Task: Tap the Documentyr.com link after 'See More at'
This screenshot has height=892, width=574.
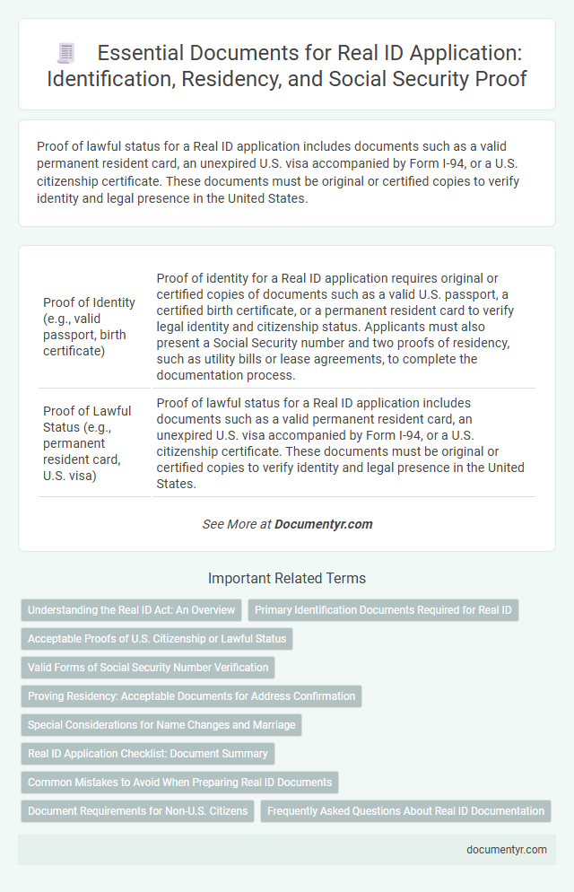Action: (x=324, y=524)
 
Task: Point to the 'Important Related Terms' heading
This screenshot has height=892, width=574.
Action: (x=286, y=579)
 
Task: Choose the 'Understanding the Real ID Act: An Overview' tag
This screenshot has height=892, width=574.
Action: (x=131, y=610)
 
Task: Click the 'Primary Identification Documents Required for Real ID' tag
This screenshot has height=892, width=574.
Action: (x=383, y=610)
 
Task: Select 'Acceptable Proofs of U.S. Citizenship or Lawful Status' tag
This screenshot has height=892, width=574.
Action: (x=157, y=639)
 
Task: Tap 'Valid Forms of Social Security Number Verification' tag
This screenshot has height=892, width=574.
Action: (x=148, y=668)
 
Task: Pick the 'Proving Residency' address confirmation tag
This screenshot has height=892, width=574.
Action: (x=191, y=696)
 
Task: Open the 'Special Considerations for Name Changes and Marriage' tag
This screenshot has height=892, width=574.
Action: (x=161, y=725)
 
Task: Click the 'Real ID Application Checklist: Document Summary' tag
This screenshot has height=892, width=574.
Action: (x=148, y=754)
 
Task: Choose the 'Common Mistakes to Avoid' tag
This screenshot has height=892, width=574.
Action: (x=179, y=783)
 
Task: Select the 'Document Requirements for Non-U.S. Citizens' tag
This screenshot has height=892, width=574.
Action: (x=137, y=811)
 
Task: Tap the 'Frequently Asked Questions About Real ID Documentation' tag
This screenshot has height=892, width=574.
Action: (x=405, y=811)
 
